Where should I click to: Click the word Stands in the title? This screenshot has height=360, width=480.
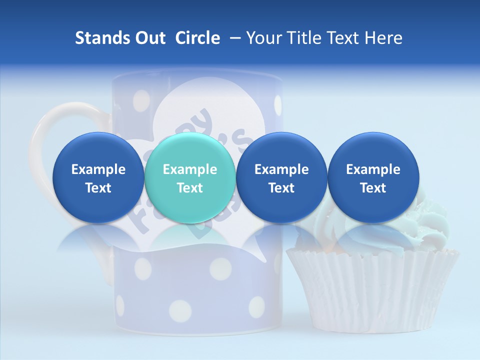[x=98, y=38]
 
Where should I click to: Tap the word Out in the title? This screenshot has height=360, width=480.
[x=148, y=38]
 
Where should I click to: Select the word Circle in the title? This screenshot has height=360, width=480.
[x=197, y=38]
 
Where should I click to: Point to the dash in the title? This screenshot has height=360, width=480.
[x=234, y=38]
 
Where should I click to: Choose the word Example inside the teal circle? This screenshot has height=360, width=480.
[x=190, y=169]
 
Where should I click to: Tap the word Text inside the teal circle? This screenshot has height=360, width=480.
[x=190, y=188]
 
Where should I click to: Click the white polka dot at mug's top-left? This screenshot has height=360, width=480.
[x=142, y=96]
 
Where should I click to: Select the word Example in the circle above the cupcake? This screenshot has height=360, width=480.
[x=373, y=169]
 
